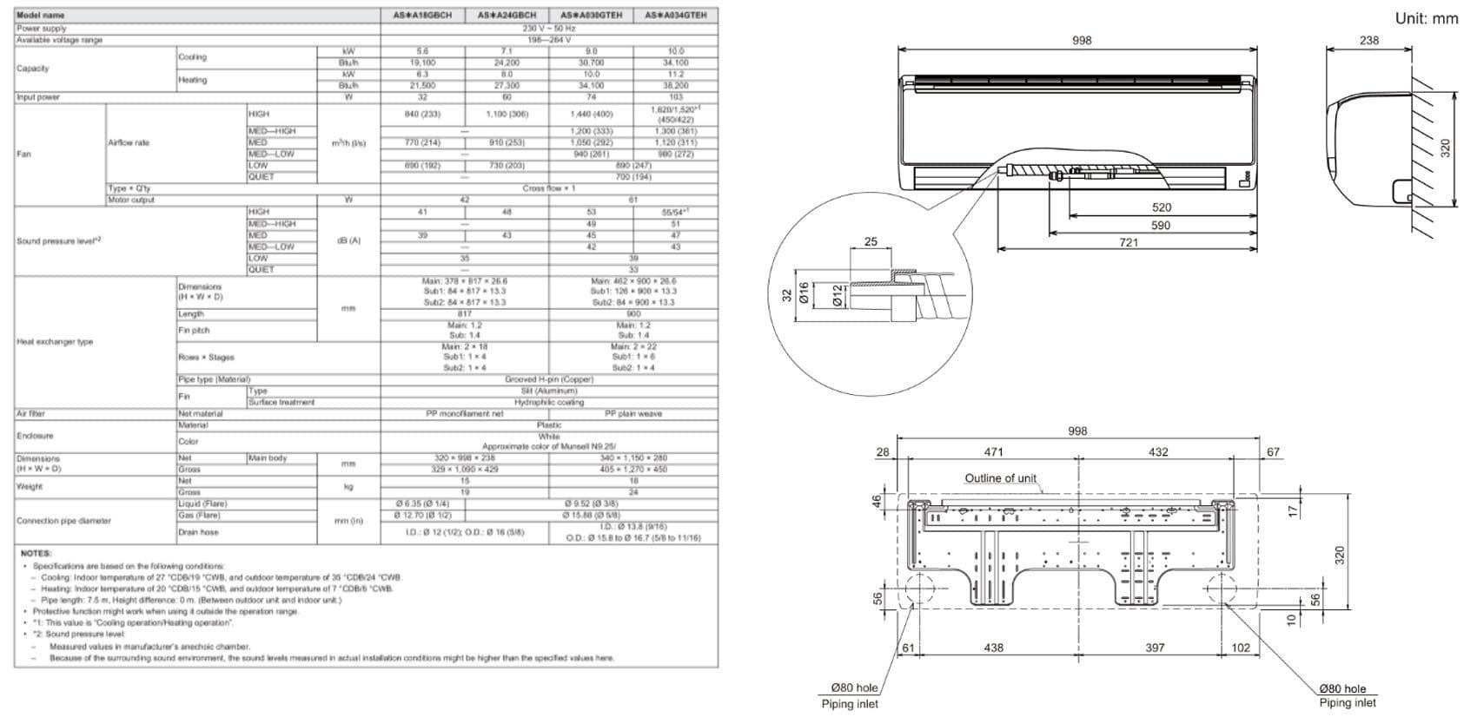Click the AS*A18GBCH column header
click(x=422, y=16)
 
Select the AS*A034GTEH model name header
click(x=675, y=16)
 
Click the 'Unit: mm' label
click(x=1426, y=18)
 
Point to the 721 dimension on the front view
click(x=1128, y=243)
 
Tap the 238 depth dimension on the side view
click(x=1369, y=40)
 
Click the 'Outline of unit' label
click(x=1000, y=478)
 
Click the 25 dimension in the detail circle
click(x=871, y=242)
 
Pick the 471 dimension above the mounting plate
click(x=993, y=452)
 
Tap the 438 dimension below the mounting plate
click(x=993, y=648)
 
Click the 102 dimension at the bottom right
click(x=1241, y=648)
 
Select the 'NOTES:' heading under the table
click(x=36, y=553)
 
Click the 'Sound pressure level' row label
click(x=58, y=240)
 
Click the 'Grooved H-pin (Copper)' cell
click(x=548, y=379)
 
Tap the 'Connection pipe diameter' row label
click(x=63, y=521)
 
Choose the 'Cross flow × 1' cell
click(x=548, y=188)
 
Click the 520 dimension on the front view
click(x=1161, y=207)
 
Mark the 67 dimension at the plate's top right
click(x=1273, y=452)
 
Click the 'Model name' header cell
click(x=41, y=16)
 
